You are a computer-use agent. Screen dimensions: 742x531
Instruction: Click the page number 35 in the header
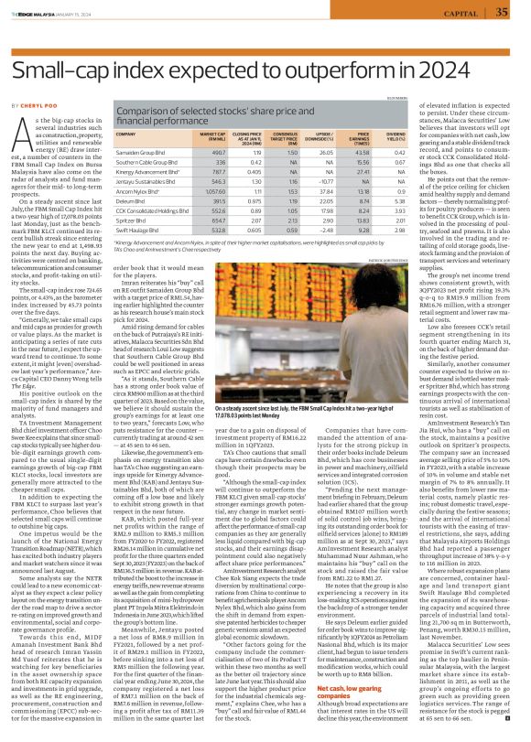(502, 11)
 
